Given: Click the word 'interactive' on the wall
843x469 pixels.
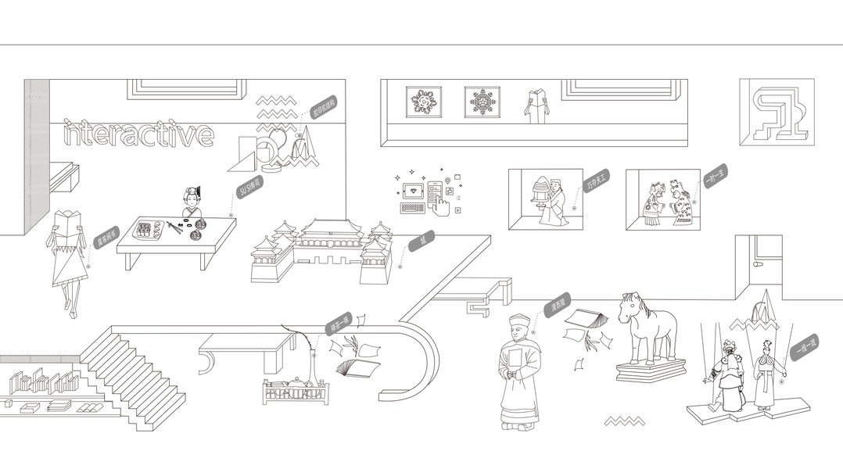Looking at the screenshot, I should [138, 134].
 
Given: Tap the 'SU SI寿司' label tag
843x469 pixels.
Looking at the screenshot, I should [249, 186].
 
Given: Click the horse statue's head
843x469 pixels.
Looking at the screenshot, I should [630, 306].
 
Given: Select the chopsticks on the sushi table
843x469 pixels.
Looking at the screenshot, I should [174, 227].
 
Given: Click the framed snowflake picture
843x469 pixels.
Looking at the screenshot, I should [482, 102].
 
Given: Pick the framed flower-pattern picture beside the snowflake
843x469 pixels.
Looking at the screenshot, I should [423, 102].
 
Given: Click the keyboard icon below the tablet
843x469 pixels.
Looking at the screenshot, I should [412, 208].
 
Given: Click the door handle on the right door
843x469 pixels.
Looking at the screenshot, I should [757, 265].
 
